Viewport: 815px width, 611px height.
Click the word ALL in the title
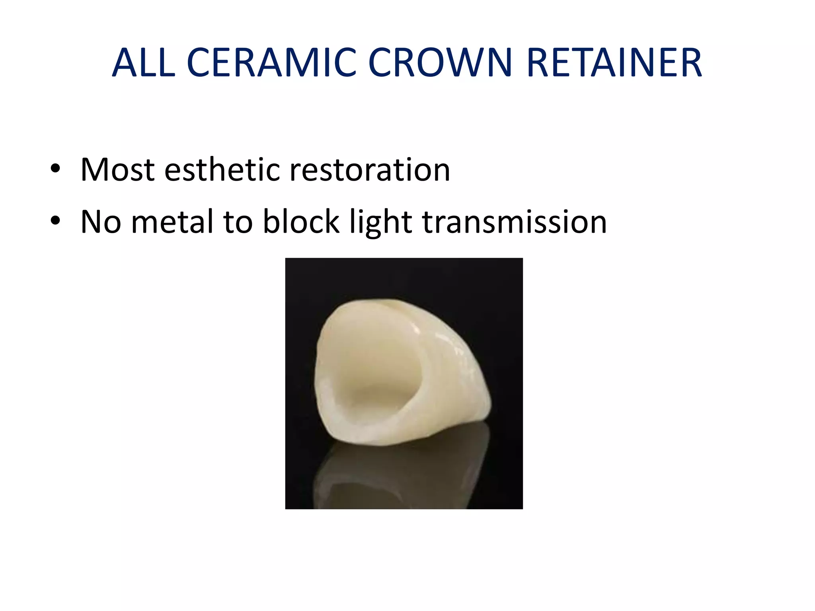click(x=143, y=63)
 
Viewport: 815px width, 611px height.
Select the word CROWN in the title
click(x=440, y=63)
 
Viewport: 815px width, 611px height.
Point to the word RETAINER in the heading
click(x=614, y=63)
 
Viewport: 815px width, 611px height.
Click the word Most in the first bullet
click(x=117, y=170)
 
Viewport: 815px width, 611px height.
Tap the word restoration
click(x=370, y=170)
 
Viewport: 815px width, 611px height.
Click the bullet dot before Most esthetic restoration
click(x=55, y=169)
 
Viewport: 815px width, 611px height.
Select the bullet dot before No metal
click(x=55, y=220)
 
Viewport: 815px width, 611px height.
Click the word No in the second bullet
click(x=101, y=222)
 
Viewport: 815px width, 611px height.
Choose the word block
click(x=301, y=222)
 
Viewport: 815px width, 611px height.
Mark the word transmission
click(x=514, y=222)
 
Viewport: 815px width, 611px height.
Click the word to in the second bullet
click(x=238, y=222)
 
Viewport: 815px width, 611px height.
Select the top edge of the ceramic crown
click(x=382, y=302)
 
